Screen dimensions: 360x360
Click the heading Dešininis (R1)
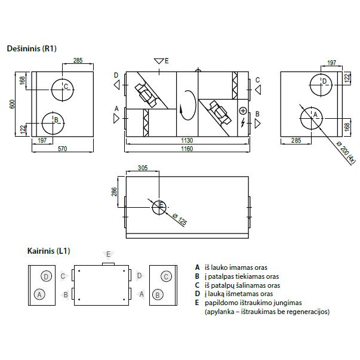[31, 48]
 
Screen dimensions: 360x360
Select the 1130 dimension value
[187, 140]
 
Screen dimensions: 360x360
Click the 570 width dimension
[62, 148]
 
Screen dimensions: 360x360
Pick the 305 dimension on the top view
[142, 168]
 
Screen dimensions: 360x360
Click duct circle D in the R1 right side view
[322, 84]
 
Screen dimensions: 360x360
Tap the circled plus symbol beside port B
[242, 111]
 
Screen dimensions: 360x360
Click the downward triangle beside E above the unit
[158, 61]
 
